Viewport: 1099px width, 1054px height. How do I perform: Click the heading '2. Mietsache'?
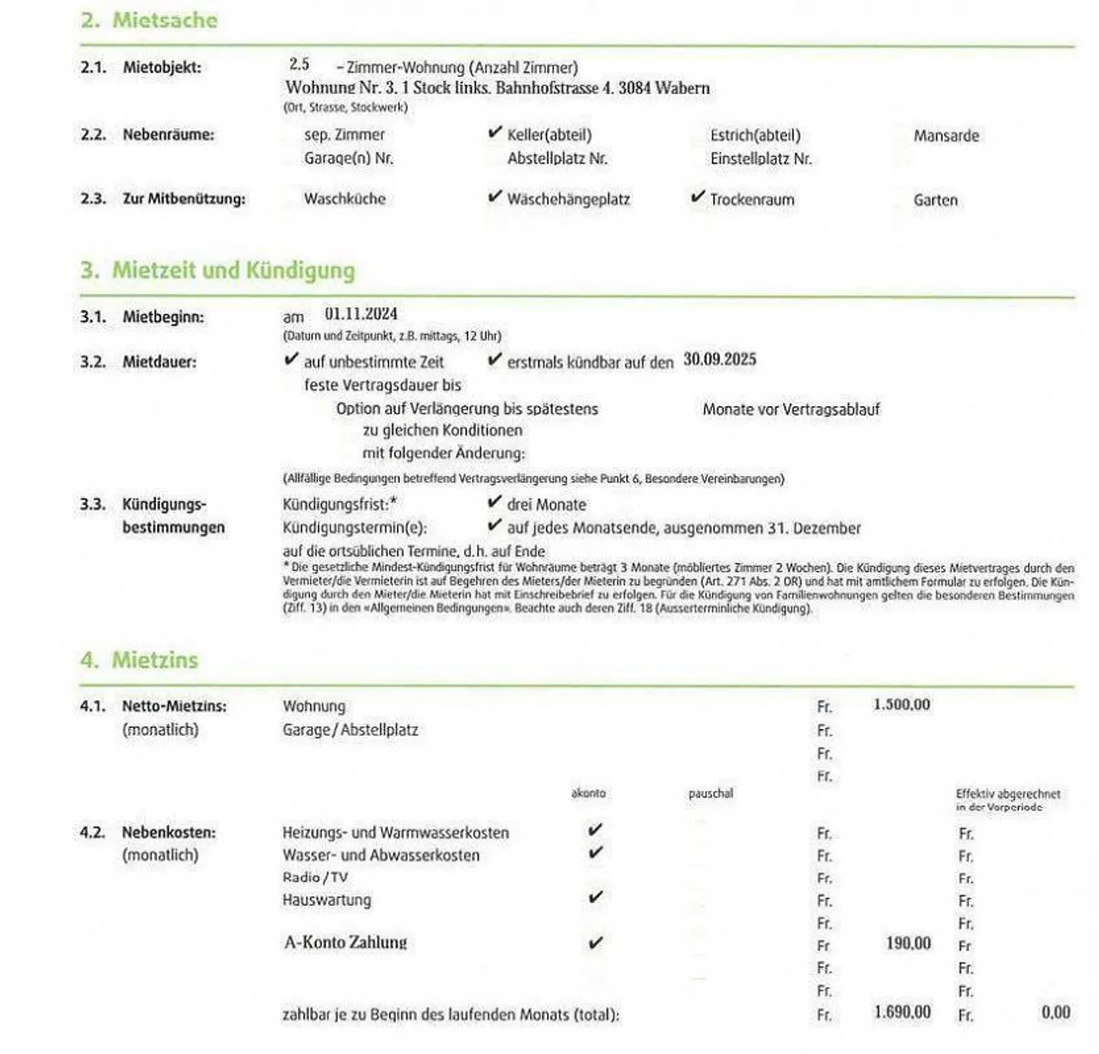149,21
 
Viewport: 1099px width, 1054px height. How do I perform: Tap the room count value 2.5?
299,65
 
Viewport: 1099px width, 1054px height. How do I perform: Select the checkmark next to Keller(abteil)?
495,134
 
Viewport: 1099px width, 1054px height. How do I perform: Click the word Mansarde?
946,136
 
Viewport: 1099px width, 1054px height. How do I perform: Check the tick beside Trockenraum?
698,198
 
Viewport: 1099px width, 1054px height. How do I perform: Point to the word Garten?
935,200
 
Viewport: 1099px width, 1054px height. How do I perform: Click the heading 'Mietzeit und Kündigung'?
233,271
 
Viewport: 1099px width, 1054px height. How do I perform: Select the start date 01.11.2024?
361,314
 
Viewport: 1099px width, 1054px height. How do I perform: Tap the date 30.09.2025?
720,359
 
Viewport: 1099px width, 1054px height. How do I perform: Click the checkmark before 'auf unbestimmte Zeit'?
291,359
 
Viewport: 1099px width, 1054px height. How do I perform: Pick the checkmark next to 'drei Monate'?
495,503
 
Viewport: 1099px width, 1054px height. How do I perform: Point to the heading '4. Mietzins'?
139,660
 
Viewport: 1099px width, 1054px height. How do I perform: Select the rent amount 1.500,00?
901,704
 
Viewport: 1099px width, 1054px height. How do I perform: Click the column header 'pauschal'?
710,794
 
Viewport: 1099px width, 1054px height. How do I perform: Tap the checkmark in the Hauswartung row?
595,898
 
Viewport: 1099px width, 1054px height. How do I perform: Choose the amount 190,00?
908,943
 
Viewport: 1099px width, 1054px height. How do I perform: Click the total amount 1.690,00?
902,1013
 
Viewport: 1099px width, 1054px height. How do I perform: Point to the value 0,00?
1055,1013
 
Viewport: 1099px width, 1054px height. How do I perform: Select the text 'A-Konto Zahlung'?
345,943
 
